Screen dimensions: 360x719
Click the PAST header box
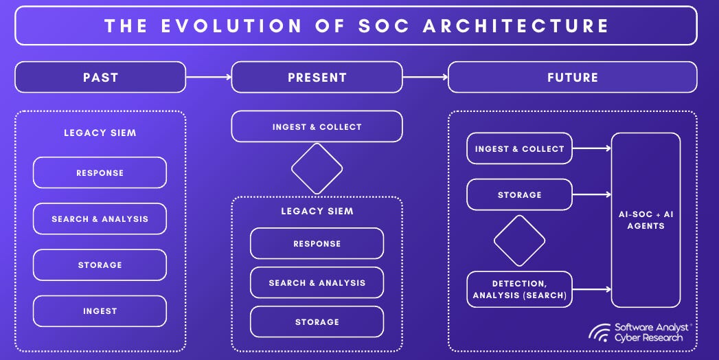click(100, 77)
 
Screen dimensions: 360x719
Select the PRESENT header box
click(317, 77)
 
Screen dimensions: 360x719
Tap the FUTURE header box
click(572, 77)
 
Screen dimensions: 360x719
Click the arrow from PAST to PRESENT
click(208, 77)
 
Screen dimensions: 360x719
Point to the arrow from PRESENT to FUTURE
click(424, 77)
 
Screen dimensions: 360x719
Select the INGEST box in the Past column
click(100, 311)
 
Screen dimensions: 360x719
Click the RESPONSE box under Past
click(100, 172)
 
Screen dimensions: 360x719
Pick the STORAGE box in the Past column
click(100, 265)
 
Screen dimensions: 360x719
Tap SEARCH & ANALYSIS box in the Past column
click(100, 219)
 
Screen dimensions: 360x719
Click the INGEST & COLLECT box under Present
click(317, 126)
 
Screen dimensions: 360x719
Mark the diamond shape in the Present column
click(317, 168)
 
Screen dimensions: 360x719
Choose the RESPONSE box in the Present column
click(317, 243)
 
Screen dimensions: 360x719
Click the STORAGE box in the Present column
click(317, 322)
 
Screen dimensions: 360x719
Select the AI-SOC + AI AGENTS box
click(646, 220)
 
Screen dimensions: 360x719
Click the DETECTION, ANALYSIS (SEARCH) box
click(519, 289)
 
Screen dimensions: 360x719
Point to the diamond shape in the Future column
click(519, 240)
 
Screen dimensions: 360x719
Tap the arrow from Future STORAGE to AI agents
click(591, 195)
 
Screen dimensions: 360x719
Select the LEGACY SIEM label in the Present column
click(317, 211)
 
